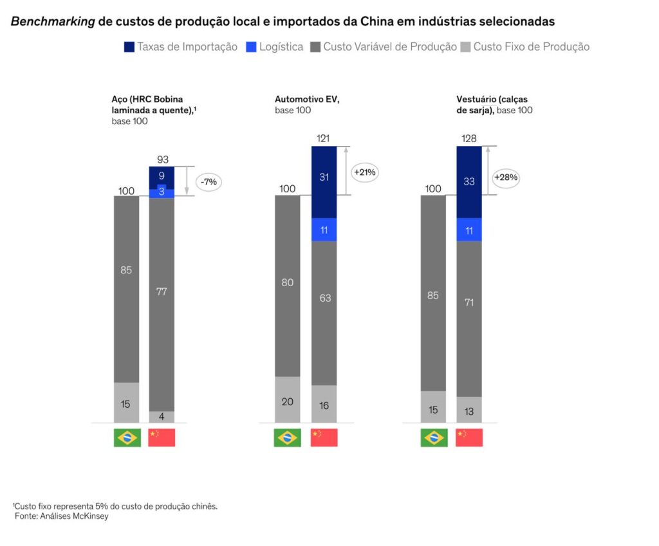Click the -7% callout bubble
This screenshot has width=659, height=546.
[x=209, y=182]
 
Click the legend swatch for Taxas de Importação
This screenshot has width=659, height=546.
[x=129, y=47]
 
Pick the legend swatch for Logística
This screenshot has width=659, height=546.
[x=251, y=47]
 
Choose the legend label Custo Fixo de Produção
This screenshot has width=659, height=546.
[x=532, y=47]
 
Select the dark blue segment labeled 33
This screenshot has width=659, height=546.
[x=469, y=182]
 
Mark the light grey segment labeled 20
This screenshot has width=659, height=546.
[x=287, y=400]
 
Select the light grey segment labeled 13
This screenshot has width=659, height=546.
[x=469, y=410]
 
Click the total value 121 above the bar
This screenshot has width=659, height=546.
[x=324, y=139]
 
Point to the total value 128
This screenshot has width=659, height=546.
[x=469, y=139]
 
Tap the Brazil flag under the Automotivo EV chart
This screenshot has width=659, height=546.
[x=287, y=437]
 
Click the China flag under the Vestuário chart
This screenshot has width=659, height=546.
[x=469, y=437]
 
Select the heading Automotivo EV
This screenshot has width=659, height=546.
[x=306, y=99]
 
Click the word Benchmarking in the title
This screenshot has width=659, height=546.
[x=53, y=22]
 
